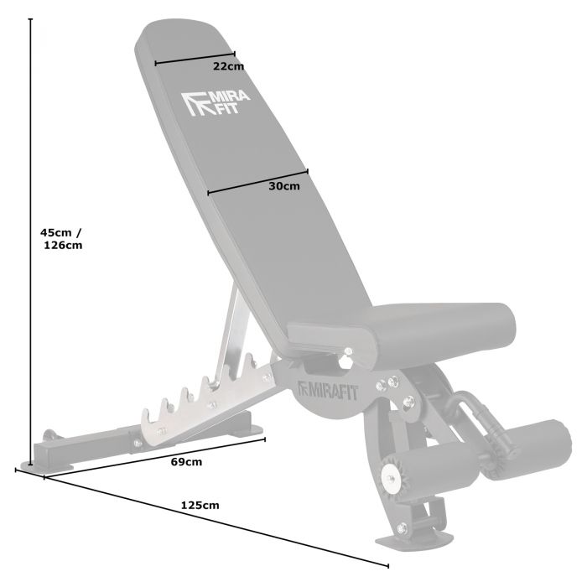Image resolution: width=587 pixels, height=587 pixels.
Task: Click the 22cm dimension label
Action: point(227,66)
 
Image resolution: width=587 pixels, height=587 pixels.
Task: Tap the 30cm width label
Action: point(283,186)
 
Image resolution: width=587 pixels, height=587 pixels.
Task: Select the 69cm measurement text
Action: point(187,461)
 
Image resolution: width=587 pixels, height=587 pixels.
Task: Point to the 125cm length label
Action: point(200,505)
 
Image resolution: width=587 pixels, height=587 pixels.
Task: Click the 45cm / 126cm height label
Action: point(62,239)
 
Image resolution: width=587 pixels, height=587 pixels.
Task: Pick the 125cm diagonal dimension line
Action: point(210,521)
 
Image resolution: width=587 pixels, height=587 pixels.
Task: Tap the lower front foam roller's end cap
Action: point(390,475)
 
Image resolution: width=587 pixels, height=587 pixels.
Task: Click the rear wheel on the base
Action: point(49,437)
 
